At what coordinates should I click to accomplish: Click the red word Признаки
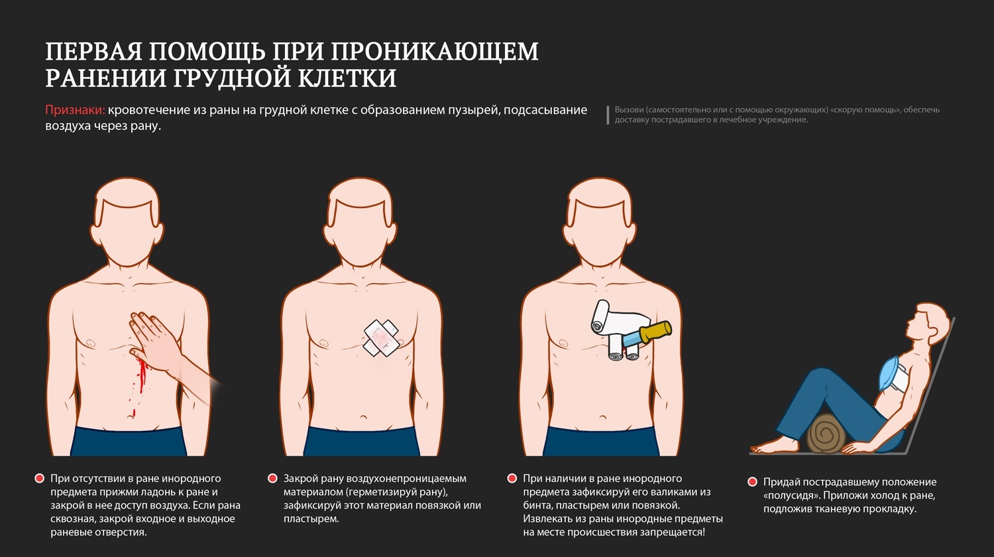(75, 110)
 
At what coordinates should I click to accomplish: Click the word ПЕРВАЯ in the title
(93, 52)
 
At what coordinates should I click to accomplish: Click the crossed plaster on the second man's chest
(381, 338)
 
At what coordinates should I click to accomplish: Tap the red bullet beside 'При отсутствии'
(40, 478)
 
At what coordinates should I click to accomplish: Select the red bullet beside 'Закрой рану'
(272, 478)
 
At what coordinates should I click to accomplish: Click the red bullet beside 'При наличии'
(512, 478)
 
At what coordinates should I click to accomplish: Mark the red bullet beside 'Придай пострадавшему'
(752, 482)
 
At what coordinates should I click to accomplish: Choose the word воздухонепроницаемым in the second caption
(406, 478)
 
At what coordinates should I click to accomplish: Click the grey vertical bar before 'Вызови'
(608, 115)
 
